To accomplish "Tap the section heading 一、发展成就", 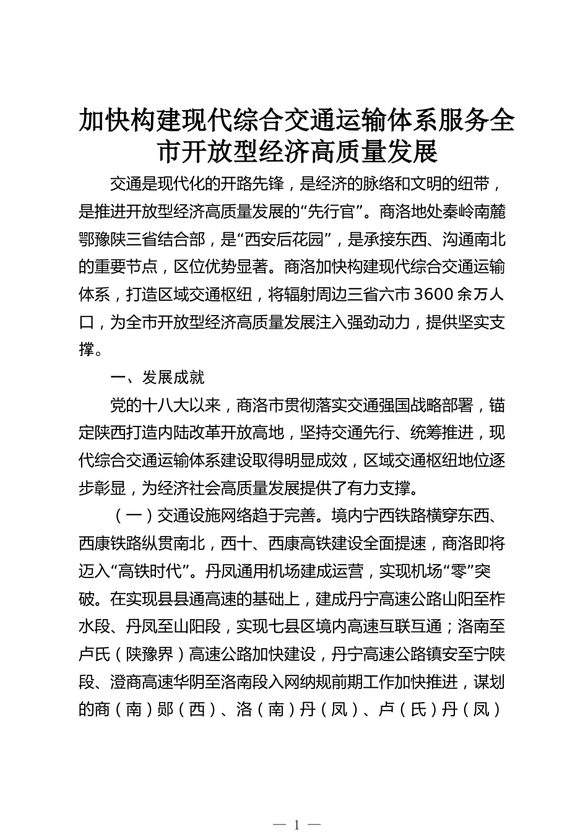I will tap(157, 377).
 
